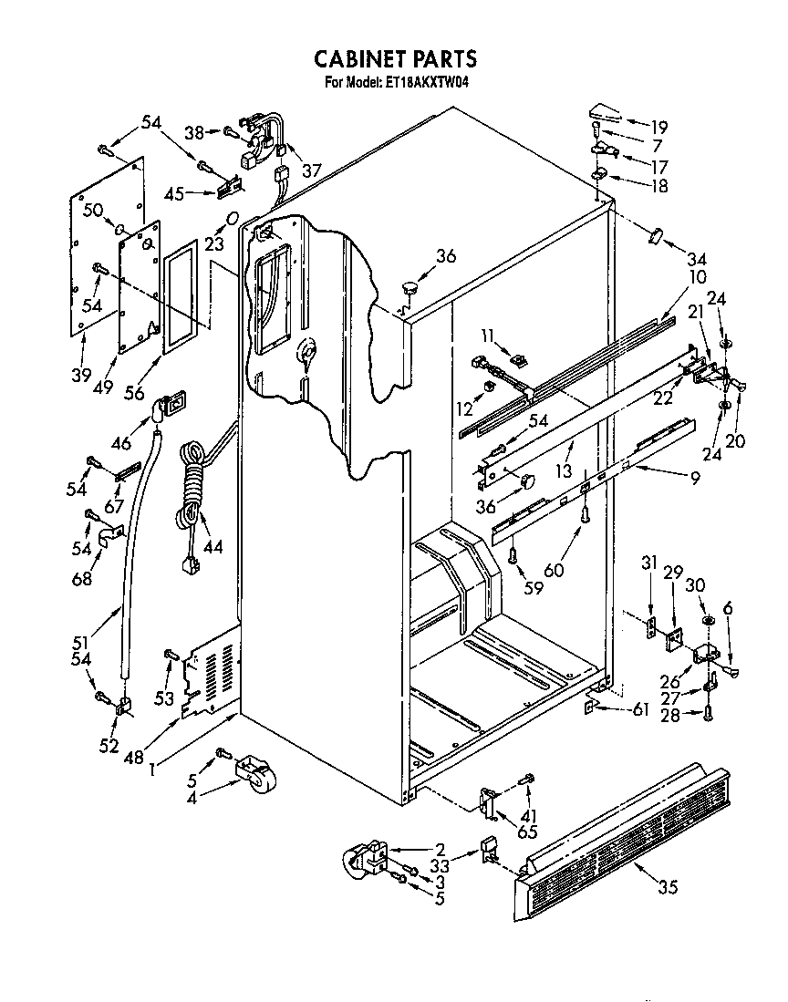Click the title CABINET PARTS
[x=394, y=59]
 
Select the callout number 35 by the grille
[x=668, y=887]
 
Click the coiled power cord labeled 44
[x=192, y=488]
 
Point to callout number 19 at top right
[x=658, y=127]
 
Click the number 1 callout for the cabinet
[x=151, y=768]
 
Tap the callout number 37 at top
[x=312, y=170]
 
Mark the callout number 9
[x=695, y=477]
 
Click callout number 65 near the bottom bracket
[x=527, y=831]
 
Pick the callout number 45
[x=174, y=193]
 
